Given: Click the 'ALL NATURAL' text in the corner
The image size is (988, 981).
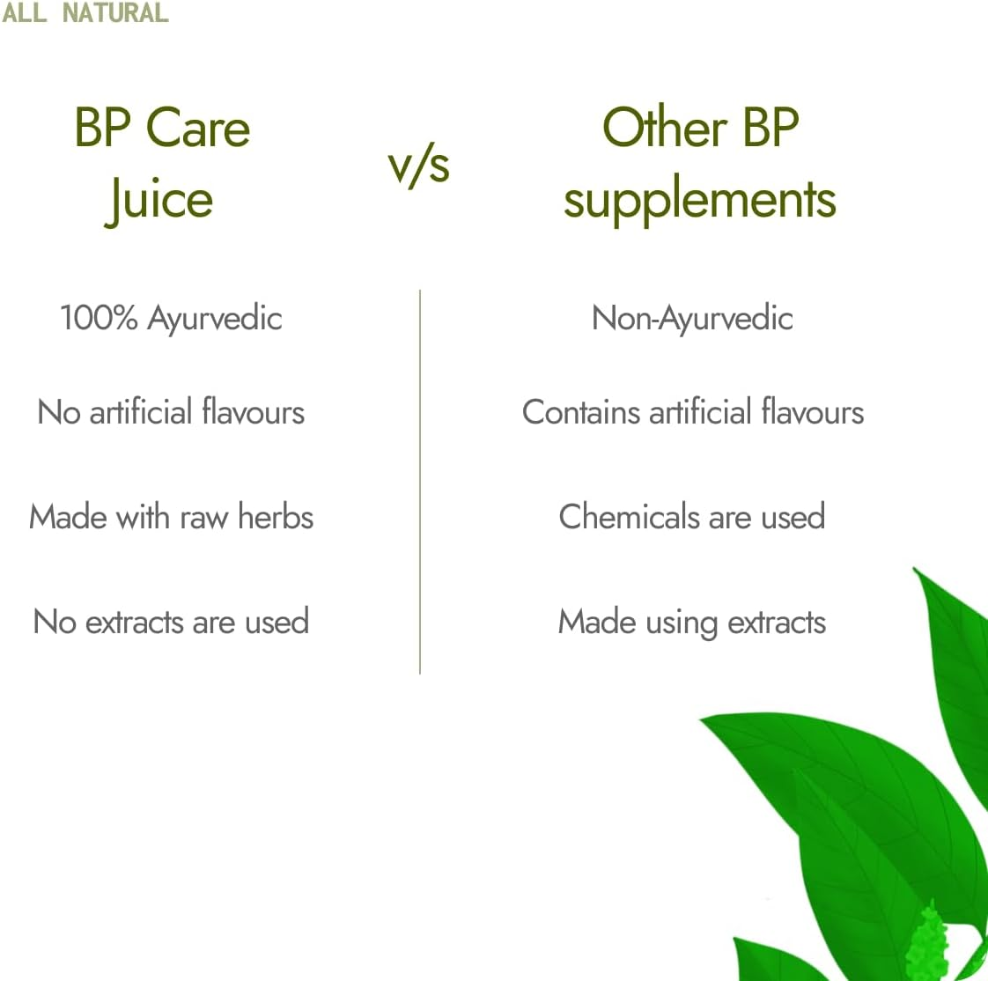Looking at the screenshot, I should tap(85, 12).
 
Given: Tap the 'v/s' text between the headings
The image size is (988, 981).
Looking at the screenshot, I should tap(419, 164).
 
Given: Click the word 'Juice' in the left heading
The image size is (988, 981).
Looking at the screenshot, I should tap(159, 199).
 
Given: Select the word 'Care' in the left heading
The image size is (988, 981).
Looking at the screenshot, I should tap(198, 128).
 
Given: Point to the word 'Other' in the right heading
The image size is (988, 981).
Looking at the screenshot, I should tap(664, 128).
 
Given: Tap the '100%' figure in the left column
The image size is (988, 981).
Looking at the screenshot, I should tap(99, 318).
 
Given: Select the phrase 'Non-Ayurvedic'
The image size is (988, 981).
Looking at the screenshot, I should tap(692, 319).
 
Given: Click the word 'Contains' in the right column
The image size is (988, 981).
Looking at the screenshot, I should tap(580, 412).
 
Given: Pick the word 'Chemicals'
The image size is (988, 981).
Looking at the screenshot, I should tap(628, 516).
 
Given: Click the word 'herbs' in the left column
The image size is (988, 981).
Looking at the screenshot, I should tap(276, 516).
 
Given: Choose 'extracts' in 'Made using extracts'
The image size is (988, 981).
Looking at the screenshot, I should tap(777, 623).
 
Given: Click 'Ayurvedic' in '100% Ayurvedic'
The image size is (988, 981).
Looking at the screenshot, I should tap(215, 319).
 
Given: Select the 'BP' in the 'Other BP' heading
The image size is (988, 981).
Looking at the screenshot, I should tap(770, 128).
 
